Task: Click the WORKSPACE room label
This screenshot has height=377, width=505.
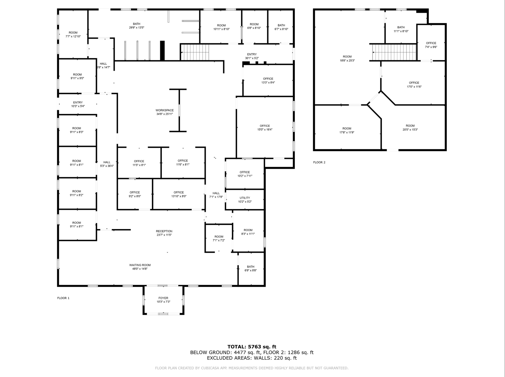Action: tap(165, 110)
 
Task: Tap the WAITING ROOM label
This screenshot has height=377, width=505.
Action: tap(140, 265)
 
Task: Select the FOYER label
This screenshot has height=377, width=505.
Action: tap(163, 298)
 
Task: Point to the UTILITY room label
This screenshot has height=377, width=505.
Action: tap(245, 198)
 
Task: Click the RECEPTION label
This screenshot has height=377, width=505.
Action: tap(164, 231)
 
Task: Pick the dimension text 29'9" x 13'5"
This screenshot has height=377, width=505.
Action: tap(137, 28)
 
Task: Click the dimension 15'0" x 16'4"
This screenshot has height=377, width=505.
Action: tap(265, 130)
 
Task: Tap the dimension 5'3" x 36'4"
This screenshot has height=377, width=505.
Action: tap(107, 166)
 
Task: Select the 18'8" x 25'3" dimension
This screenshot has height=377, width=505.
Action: tap(347, 61)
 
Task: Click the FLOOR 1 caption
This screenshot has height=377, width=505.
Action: tap(63, 298)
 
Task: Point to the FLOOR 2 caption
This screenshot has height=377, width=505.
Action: tap(319, 162)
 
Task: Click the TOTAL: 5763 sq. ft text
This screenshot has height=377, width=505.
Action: tap(252, 347)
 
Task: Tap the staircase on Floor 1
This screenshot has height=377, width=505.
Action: tap(195, 52)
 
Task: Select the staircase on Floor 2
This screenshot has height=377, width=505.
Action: tap(394, 52)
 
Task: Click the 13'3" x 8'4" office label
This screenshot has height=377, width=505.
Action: tap(268, 81)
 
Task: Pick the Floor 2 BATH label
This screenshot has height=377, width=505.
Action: tap(401, 27)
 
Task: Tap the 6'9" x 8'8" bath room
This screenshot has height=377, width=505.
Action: tap(251, 269)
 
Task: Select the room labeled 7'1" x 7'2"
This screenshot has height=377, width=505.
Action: tap(219, 238)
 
